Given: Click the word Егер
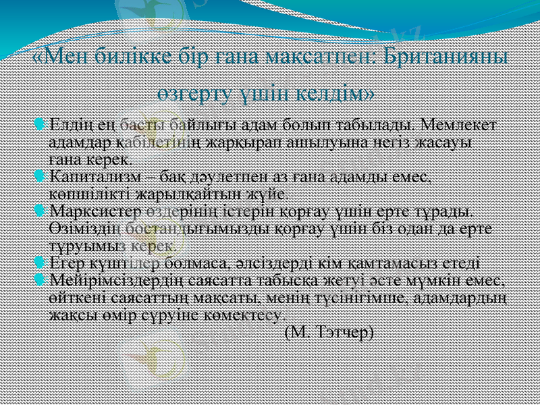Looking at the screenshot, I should [66, 263].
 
